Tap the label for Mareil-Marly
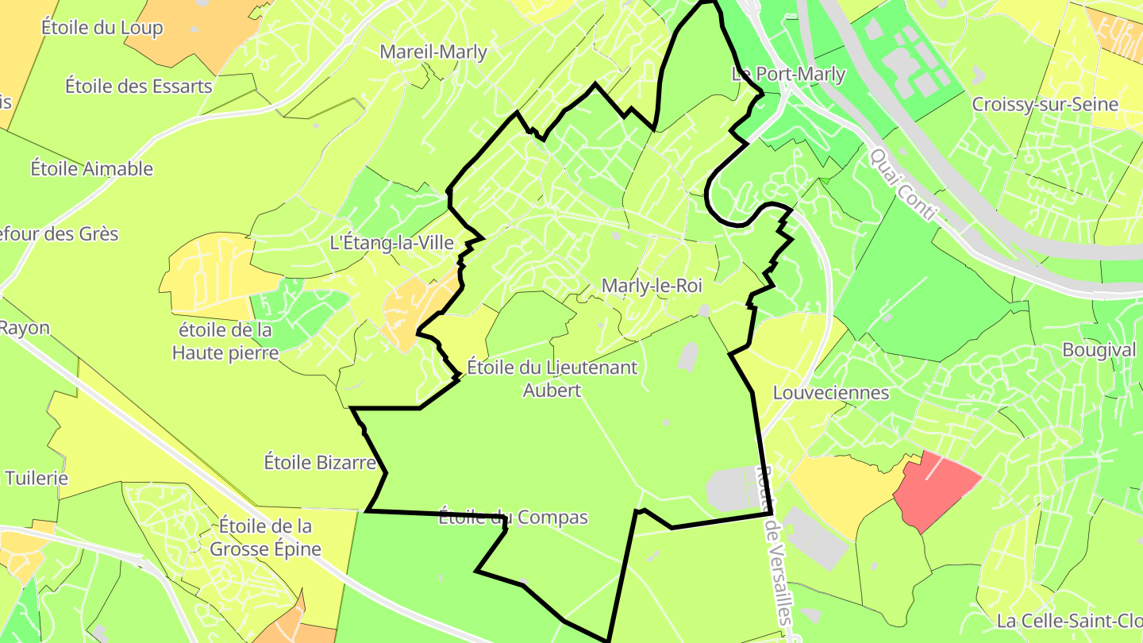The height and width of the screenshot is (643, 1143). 433,52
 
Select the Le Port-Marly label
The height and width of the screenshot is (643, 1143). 788,75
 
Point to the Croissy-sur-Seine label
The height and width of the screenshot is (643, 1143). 1045,104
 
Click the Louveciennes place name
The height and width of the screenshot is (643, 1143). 831,393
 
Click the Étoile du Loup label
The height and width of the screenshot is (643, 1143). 102,28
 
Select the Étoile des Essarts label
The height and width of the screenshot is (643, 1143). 139,85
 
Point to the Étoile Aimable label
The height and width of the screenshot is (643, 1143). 92,168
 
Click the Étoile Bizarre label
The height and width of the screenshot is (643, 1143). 319,462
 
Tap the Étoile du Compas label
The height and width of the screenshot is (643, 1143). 513,518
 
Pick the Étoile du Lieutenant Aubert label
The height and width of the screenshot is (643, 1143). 552,379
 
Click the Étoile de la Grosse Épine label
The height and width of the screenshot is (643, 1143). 265,537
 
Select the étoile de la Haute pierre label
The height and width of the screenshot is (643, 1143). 226,341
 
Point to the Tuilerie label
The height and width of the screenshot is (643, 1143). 37,478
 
